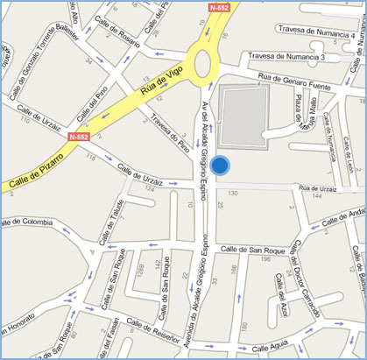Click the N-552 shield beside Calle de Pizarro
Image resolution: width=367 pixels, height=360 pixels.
[x=77, y=138]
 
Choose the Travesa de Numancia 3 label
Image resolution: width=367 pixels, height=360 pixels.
[x=286, y=57]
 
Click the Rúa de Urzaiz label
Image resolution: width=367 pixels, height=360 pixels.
[x=318, y=187]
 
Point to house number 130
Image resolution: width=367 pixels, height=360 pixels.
[x=233, y=192]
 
